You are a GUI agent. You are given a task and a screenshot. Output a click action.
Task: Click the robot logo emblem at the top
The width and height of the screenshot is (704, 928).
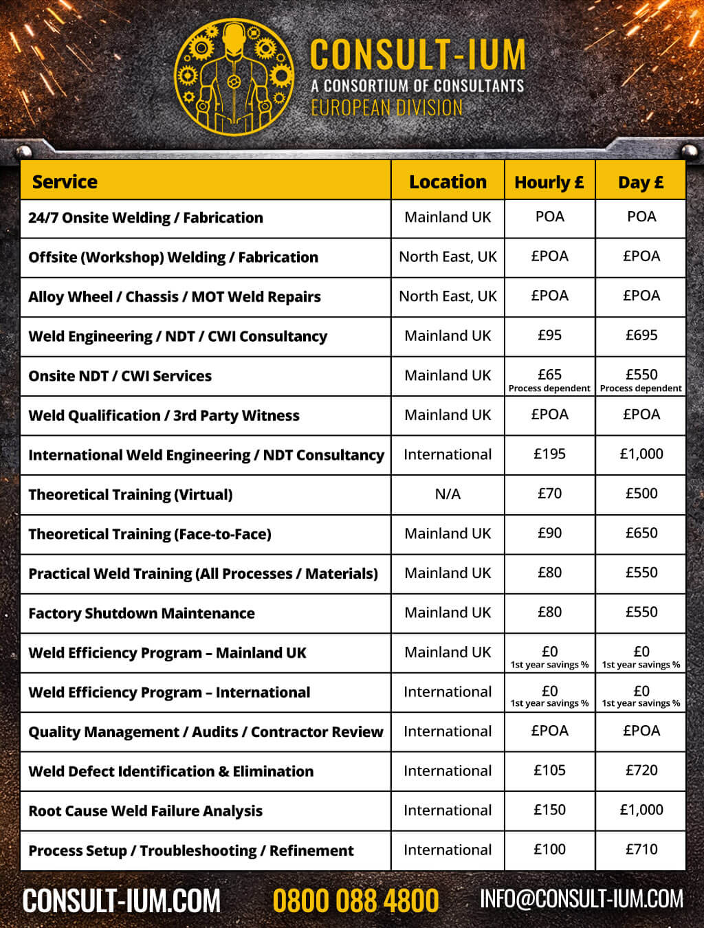click(234, 76)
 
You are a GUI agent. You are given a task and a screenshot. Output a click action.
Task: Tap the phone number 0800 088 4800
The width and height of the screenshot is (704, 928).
click(355, 901)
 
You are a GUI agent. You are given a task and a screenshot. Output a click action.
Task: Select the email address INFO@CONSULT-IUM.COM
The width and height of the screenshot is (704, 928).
click(582, 898)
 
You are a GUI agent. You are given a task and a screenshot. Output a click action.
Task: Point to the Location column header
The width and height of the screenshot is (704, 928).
click(448, 181)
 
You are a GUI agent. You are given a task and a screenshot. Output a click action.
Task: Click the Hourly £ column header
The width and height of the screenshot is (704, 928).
click(549, 182)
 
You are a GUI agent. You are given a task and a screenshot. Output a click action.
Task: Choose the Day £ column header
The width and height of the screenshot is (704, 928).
click(641, 182)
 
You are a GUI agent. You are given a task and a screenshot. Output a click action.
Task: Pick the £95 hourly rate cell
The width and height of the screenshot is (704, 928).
click(549, 335)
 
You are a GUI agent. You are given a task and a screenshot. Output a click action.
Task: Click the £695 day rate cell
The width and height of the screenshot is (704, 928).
click(641, 335)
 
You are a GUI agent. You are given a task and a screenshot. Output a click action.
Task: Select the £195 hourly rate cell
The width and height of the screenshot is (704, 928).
click(549, 454)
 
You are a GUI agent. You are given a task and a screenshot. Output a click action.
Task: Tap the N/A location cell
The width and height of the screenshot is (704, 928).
click(448, 494)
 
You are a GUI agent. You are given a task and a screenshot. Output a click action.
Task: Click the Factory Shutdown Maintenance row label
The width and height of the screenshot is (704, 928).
click(142, 613)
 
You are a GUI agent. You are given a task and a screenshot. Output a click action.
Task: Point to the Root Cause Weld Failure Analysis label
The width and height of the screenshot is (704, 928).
click(145, 811)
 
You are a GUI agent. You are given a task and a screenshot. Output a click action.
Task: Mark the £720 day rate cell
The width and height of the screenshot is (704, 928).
click(641, 771)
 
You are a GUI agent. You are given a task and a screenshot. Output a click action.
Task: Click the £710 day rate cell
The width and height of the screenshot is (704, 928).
click(641, 850)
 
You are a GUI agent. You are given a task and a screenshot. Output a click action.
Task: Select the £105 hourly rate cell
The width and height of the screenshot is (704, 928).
click(549, 771)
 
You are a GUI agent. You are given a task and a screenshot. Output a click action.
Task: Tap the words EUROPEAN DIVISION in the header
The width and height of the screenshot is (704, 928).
click(386, 108)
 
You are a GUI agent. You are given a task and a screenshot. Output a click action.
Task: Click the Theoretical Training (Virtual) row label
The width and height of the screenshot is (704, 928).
click(131, 494)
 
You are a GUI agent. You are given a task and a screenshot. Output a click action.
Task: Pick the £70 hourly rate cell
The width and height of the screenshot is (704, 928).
click(549, 494)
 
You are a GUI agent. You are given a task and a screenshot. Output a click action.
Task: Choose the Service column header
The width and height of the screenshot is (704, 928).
click(65, 181)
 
